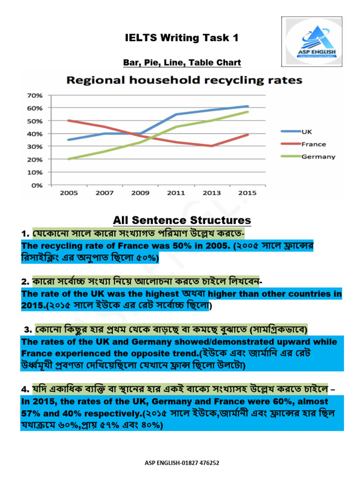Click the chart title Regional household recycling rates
tap(184, 80)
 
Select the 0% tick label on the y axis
tap(37, 185)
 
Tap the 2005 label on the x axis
tap(69, 193)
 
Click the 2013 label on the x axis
tap(212, 193)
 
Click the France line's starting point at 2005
tap(69, 120)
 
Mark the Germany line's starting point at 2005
tap(69, 159)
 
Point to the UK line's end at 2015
tap(247, 106)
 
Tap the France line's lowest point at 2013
tap(212, 146)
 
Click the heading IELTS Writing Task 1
tap(181, 38)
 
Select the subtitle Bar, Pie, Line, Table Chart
tap(182, 62)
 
